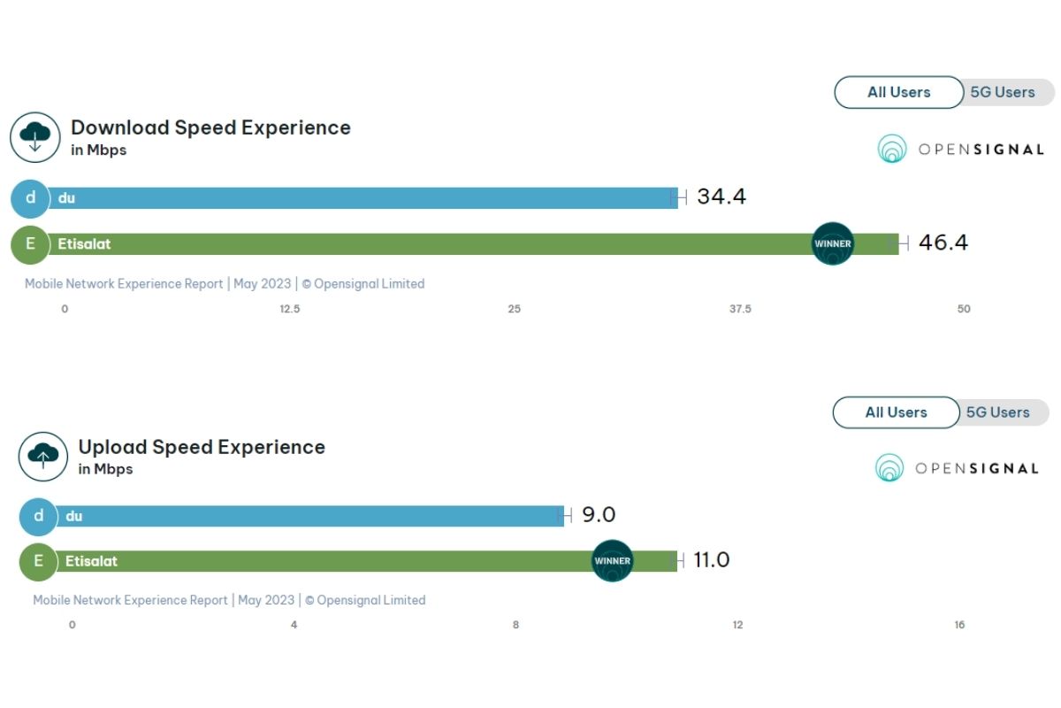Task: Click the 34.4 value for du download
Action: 721,196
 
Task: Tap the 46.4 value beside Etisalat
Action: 943,242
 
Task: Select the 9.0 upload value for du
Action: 598,515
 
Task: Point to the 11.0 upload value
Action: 711,560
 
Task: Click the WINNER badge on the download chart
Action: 833,243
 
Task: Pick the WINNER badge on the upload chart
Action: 613,561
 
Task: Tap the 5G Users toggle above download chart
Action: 1003,92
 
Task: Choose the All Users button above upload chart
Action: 896,412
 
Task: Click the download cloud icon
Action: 34,137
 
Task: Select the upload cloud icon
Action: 43,457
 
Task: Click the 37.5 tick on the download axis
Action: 740,309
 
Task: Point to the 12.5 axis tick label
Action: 289,309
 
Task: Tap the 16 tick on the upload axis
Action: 959,625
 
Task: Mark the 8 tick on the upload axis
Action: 515,625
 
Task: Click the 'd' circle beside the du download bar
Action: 31,198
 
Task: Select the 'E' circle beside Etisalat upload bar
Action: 38,561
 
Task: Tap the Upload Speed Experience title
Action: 202,447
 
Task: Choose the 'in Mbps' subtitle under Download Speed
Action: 98,150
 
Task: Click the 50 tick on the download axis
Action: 964,309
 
